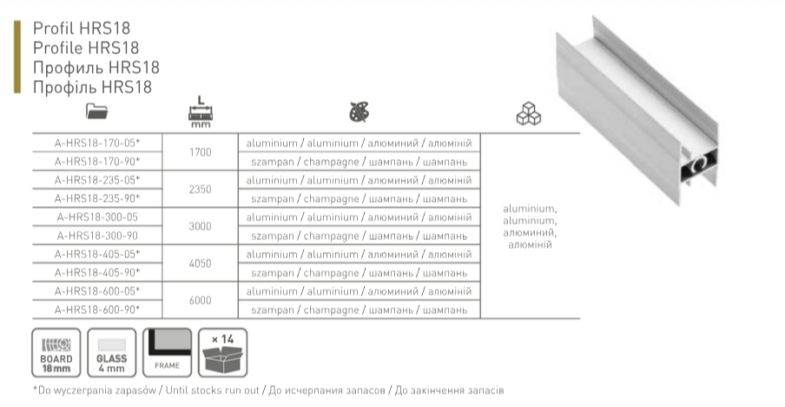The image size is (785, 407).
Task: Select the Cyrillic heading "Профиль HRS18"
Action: tap(96, 67)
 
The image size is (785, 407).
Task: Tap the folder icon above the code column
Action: tap(96, 111)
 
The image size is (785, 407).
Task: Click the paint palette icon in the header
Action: tap(358, 111)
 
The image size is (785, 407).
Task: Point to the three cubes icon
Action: tap(528, 114)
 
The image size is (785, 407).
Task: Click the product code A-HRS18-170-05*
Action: tap(97, 142)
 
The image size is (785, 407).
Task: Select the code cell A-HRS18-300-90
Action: tap(97, 235)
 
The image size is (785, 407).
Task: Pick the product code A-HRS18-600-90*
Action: tap(97, 309)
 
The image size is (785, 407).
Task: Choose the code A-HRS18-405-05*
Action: tap(97, 254)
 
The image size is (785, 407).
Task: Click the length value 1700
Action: tap(201, 151)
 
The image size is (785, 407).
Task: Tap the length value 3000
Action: tap(201, 226)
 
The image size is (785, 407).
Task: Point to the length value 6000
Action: tap(201, 300)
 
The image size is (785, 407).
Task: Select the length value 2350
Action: tap(201, 189)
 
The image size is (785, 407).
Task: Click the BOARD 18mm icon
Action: tap(56, 352)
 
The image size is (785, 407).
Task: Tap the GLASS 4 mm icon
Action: tap(113, 352)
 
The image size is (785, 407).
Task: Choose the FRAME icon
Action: tap(168, 352)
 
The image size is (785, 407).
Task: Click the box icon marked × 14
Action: tap(223, 352)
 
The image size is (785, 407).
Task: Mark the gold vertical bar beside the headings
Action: tap(16, 57)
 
